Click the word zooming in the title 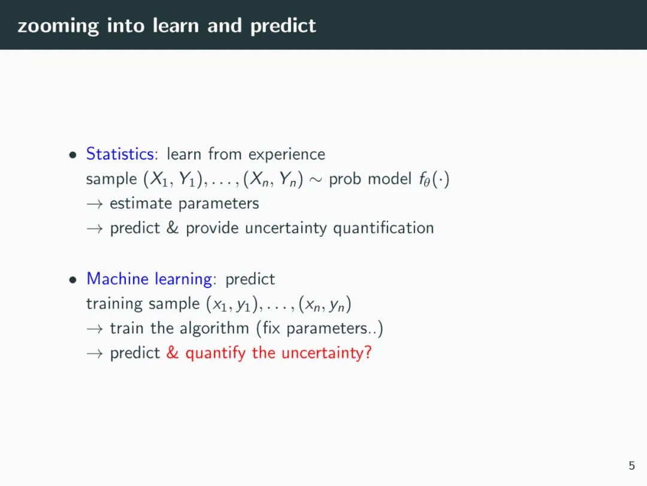point(58,26)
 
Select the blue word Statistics point(120,154)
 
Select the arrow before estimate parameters point(95,204)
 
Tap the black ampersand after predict point(173,228)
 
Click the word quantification point(383,229)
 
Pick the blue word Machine point(117,278)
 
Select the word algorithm point(214,329)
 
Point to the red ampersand point(173,353)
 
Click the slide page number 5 point(632,466)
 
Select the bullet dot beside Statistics point(73,155)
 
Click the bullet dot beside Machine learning point(73,280)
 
